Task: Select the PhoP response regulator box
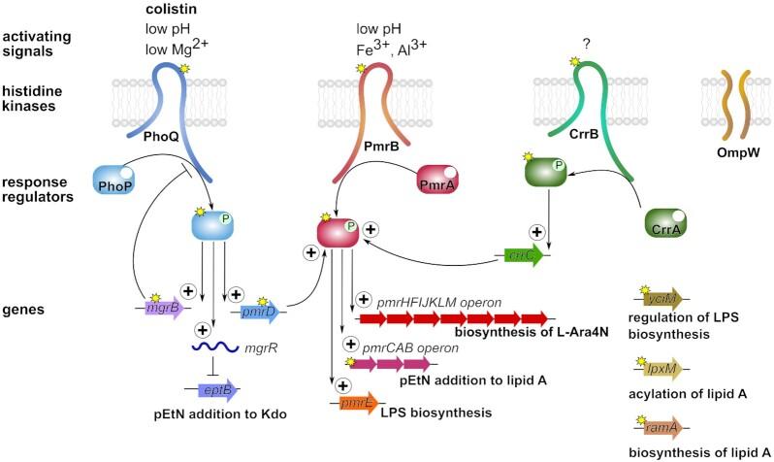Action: coord(115,181)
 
